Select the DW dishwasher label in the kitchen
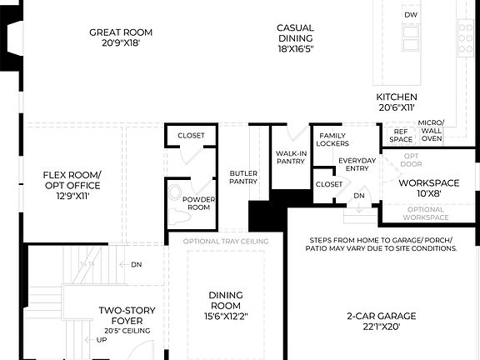point(410,16)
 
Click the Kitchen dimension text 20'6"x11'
point(396,107)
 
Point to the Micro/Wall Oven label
point(431,130)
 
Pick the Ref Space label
point(401,135)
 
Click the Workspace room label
point(428,182)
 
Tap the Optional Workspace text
point(426,213)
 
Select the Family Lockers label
point(332,138)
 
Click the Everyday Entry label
point(357,164)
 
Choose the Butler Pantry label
point(243,177)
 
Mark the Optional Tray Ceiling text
point(221,242)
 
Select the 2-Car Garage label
point(381,322)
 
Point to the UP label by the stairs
point(102,340)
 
